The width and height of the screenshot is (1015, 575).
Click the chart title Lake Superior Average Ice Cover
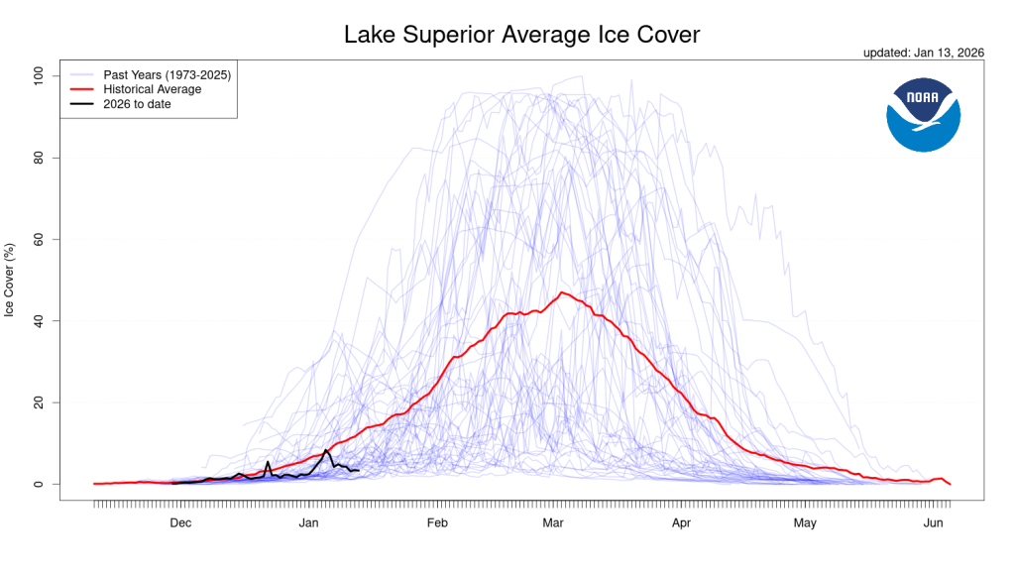pyautogui.click(x=521, y=35)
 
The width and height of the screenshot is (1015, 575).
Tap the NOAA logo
pyautogui.click(x=923, y=116)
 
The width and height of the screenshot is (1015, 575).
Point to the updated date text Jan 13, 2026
pyautogui.click(x=924, y=54)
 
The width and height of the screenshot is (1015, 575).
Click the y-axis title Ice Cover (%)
pyautogui.click(x=10, y=280)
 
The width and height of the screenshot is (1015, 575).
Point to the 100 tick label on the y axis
pyautogui.click(x=41, y=76)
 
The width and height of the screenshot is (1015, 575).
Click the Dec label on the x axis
pyautogui.click(x=180, y=522)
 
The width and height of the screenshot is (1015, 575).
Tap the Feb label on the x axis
pyautogui.click(x=437, y=522)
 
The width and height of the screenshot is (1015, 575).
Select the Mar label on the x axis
pyautogui.click(x=552, y=522)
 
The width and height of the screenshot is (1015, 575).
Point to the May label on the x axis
pyautogui.click(x=805, y=522)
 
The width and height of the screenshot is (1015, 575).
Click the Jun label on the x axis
pyautogui.click(x=933, y=522)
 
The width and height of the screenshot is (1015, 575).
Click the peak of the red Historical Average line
pyautogui.click(x=562, y=292)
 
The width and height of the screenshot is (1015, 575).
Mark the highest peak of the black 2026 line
pyautogui.click(x=326, y=450)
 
